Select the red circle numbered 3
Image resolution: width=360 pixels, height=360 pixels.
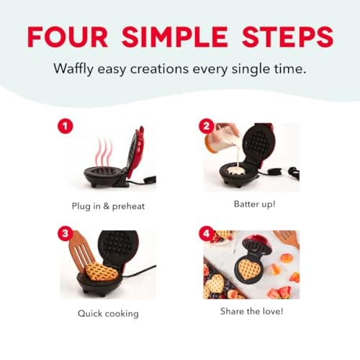click(x=66, y=235)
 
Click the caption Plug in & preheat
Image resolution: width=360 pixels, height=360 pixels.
click(x=108, y=206)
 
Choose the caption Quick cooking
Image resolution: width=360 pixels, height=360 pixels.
click(x=108, y=313)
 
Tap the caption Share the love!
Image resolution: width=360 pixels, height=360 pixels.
click(x=252, y=312)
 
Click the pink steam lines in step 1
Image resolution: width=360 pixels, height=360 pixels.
click(x=105, y=151)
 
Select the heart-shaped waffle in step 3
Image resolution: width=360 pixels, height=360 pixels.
click(x=101, y=272)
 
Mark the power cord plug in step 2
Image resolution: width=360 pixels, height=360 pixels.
click(x=293, y=172)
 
